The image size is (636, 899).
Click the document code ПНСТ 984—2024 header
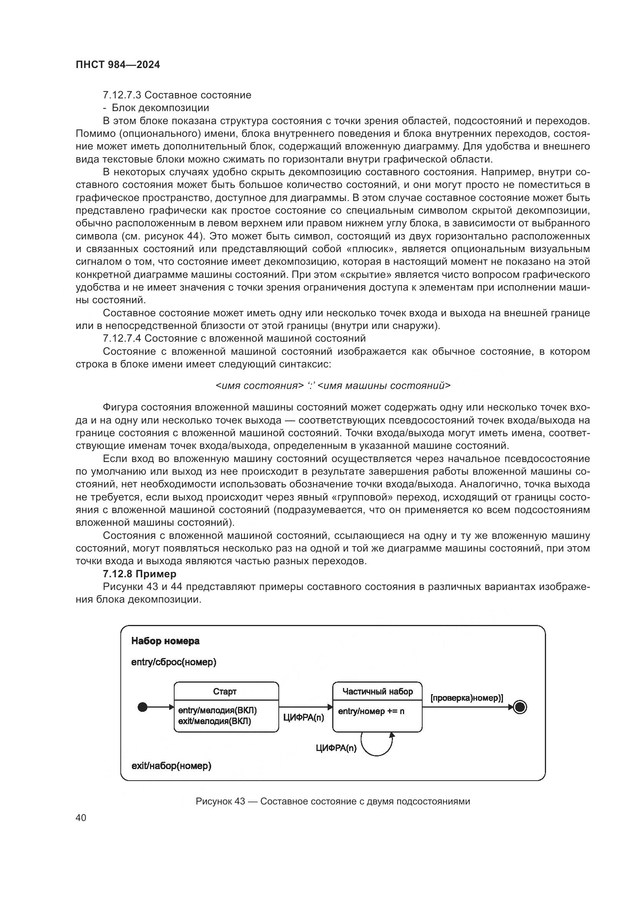pos(118,65)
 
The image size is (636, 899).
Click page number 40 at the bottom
pos(81,818)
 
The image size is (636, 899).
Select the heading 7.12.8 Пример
pos(140,574)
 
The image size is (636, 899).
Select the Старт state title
pos(225,691)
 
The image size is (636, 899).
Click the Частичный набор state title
pos(378,691)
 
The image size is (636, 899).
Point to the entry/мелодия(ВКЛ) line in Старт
pos(217,710)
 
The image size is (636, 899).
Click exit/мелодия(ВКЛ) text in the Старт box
pos(214,721)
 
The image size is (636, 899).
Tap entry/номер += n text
pos(371,711)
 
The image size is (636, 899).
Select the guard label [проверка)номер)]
pos(467,698)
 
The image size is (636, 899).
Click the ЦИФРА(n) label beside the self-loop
pos(336,748)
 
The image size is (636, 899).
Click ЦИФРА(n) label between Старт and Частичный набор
pos(303,717)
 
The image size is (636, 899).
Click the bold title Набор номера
pos(165,641)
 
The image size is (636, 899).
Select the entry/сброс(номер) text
pos(174,662)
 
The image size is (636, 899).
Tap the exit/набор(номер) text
pos(171,766)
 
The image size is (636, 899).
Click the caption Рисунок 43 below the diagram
pos(333,801)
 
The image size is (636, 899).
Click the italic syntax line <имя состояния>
pos(333,386)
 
